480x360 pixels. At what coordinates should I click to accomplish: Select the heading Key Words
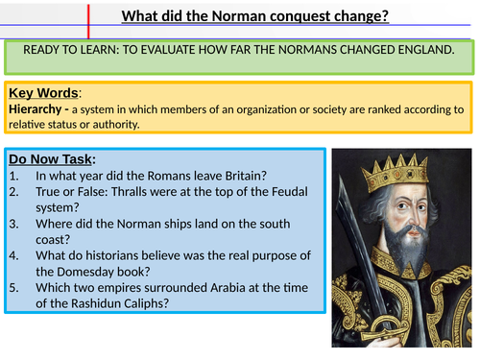(44, 93)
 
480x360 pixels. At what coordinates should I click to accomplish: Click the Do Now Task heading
(53, 158)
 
